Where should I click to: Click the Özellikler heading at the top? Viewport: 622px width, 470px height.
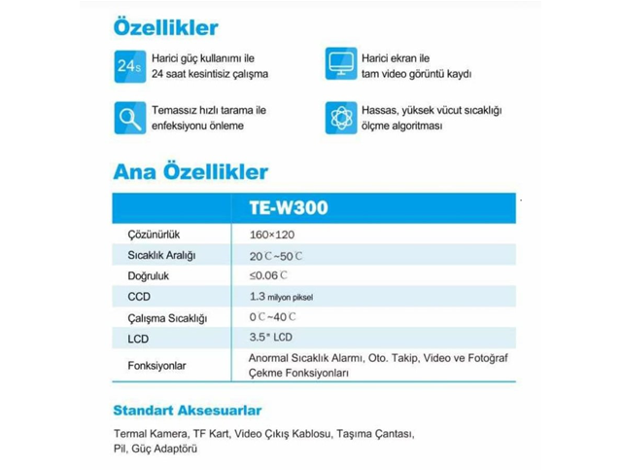coord(166,25)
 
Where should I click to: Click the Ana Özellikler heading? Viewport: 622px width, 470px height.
coord(190,172)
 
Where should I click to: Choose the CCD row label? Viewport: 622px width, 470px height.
coord(139,296)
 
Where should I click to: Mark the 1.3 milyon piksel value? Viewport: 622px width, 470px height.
coord(282,296)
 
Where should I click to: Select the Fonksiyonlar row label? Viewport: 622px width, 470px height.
coord(156,366)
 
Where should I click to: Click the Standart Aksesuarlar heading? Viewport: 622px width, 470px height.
coord(187,410)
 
